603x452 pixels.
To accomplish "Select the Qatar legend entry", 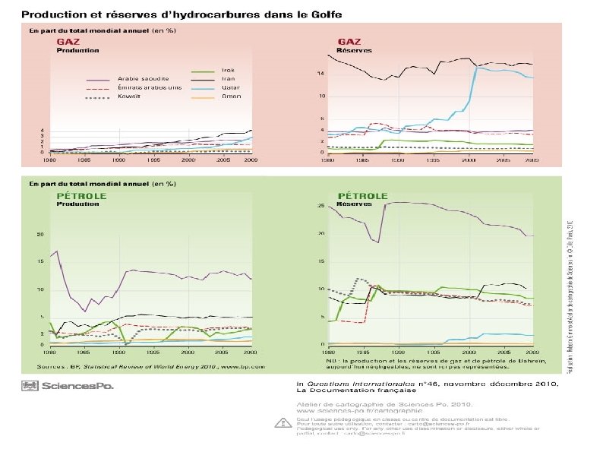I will (x=231, y=87).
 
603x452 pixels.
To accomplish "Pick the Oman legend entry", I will (x=231, y=96).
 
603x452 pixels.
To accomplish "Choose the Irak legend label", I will (x=228, y=70).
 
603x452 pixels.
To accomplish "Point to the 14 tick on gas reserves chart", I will (x=321, y=73).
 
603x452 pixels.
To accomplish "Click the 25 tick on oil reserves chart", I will (x=321, y=205).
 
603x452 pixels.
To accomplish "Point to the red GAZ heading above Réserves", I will (x=349, y=41).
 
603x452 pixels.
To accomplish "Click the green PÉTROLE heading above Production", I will (x=82, y=195).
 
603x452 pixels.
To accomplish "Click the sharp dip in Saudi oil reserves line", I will (x=379, y=240).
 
